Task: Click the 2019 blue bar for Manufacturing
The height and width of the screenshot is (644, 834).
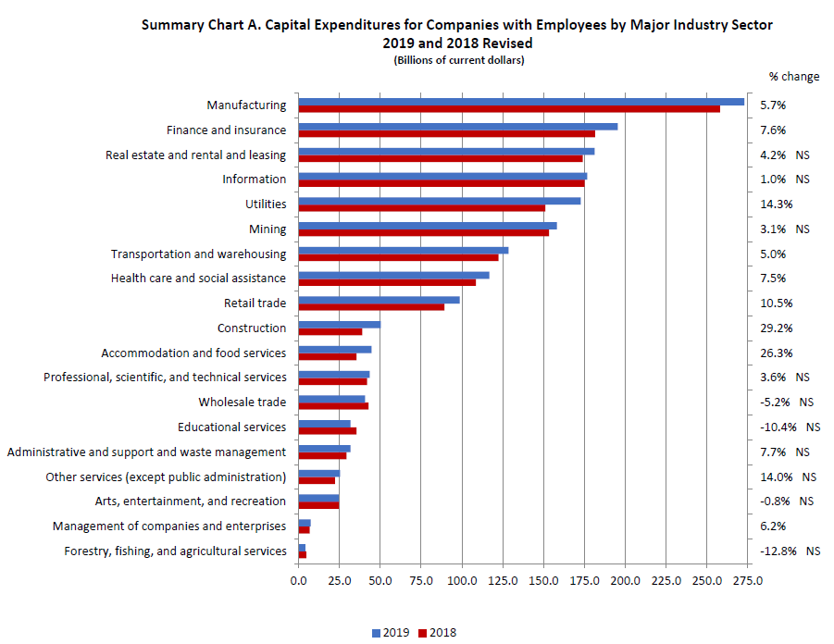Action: click(x=521, y=102)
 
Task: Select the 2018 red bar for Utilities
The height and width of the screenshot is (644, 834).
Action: click(x=422, y=208)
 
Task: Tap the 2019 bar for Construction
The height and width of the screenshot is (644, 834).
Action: click(x=340, y=325)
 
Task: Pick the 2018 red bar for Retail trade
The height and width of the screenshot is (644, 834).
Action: click(x=371, y=307)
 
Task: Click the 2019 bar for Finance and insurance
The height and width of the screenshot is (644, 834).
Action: click(x=458, y=127)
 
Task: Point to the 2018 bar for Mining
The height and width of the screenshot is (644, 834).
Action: click(x=424, y=233)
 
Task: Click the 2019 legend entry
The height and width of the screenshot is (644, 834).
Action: click(x=389, y=633)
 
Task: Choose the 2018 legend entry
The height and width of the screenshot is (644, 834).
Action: click(x=437, y=633)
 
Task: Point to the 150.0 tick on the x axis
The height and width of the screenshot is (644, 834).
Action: click(x=543, y=581)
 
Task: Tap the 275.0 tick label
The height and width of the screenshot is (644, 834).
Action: click(x=748, y=581)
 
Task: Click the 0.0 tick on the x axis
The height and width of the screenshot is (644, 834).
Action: click(x=298, y=581)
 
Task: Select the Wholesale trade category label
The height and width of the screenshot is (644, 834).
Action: click(x=242, y=402)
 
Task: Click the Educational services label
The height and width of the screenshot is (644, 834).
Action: click(x=231, y=427)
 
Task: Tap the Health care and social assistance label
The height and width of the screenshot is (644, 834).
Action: click(x=198, y=279)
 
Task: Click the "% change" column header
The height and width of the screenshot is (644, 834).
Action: click(x=793, y=77)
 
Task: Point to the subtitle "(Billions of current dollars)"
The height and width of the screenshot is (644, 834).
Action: click(x=458, y=61)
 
